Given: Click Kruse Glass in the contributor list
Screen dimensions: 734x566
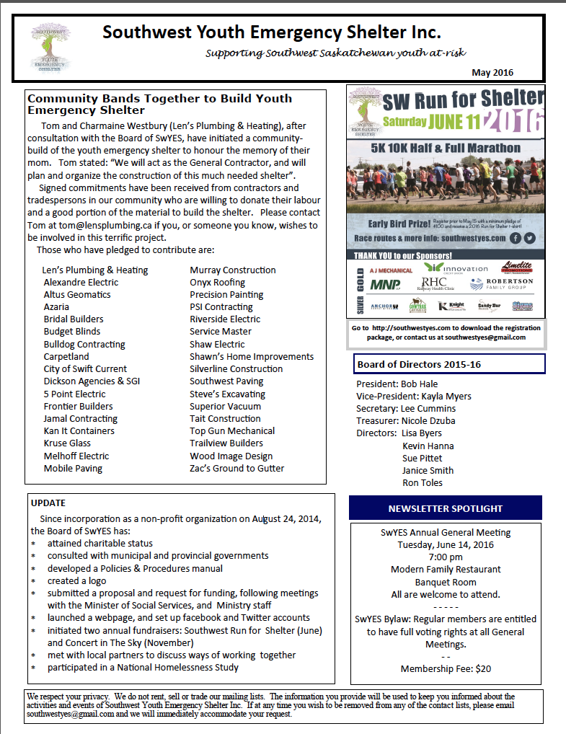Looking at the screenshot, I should tap(67, 443).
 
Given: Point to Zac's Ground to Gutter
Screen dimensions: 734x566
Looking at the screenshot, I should tap(236, 468).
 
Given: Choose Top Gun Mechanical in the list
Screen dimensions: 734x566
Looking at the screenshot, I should tap(231, 431).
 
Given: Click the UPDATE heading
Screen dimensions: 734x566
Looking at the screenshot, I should tap(48, 503).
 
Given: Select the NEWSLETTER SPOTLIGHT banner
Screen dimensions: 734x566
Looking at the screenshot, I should tap(445, 508).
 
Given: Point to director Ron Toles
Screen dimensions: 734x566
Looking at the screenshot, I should tap(423, 483).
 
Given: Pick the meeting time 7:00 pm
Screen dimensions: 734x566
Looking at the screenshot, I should tap(446, 557).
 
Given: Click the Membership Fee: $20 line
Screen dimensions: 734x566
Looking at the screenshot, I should tap(446, 668).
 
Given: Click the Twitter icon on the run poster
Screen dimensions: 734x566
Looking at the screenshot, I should tap(530, 238).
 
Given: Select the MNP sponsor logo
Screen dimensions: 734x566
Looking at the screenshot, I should tap(385, 284).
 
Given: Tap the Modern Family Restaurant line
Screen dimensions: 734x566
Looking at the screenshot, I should tap(446, 570).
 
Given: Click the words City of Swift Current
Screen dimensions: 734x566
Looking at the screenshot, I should tap(85, 369).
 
